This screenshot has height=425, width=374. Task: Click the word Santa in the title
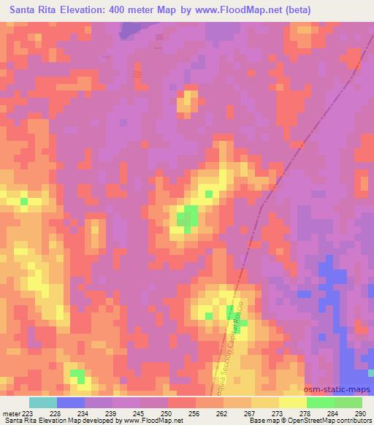21,10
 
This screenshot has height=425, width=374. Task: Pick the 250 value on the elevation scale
167,413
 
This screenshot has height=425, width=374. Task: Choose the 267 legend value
251,413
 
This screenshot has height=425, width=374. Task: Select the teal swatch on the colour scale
43,402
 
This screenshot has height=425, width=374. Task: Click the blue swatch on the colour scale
71,402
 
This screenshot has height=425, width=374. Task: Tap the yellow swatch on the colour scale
292,402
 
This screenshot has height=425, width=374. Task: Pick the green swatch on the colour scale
320,402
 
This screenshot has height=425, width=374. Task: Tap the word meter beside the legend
10,413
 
